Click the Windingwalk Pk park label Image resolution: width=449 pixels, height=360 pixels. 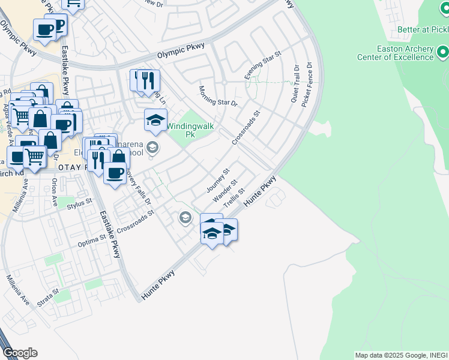tap(190, 131)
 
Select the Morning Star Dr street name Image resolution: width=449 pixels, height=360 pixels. tap(218, 95)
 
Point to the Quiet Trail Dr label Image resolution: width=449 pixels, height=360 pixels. tap(295, 83)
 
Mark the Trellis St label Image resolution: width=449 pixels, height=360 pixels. tap(235, 196)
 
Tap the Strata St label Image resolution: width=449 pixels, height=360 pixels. tap(47, 298)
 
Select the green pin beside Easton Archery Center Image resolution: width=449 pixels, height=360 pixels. tap(443, 53)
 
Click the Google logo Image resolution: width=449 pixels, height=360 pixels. tap(20, 353)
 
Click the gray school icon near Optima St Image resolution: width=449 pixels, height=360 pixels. tap(185, 217)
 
